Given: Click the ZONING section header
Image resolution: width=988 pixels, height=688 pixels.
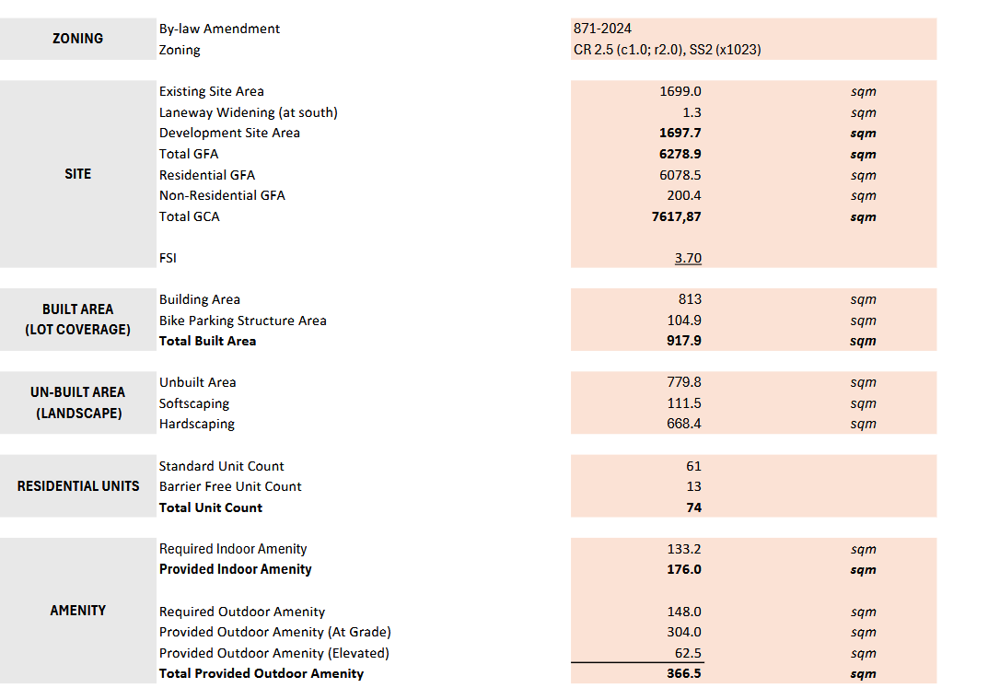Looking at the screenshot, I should coord(77,39).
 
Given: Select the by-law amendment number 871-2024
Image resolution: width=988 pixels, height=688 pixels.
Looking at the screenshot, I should coord(602,29).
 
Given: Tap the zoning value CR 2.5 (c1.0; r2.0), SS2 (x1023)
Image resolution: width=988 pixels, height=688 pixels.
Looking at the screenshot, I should coord(667,50).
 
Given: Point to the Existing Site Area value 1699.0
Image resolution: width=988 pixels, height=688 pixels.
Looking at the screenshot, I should coord(680,91).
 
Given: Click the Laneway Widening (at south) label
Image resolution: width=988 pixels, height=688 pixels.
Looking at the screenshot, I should coord(248,112).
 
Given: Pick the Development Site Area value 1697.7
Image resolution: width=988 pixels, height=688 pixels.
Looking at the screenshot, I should coord(680,133).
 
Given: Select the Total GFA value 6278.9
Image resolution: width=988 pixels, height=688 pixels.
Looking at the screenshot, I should coord(680,154).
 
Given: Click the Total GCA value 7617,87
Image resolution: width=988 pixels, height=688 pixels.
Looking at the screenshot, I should coord(676,216).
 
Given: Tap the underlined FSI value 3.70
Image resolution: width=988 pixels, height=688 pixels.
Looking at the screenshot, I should coord(688,258).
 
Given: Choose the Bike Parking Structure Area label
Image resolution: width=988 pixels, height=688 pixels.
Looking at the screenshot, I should coord(242,321).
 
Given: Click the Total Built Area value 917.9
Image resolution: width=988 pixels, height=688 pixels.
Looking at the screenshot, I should coord(684,341).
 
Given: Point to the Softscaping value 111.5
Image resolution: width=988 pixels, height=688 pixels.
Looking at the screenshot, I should coord(684,403).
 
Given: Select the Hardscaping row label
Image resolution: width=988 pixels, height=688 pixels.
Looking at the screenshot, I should coord(196,424).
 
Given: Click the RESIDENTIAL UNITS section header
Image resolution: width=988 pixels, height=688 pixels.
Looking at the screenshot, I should coord(78,486).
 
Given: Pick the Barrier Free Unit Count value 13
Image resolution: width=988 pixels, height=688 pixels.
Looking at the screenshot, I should coord(693,486).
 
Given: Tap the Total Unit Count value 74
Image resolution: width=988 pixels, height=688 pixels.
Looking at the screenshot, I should coord(693,507).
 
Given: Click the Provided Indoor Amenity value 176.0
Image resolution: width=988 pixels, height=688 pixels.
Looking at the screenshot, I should coord(684,569).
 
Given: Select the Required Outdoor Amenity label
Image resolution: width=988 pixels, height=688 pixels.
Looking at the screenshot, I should coord(241,612).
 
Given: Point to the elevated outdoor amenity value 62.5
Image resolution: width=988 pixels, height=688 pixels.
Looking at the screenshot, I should coord(688,653).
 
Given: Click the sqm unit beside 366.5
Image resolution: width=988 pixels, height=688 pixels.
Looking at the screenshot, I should coord(863,674).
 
